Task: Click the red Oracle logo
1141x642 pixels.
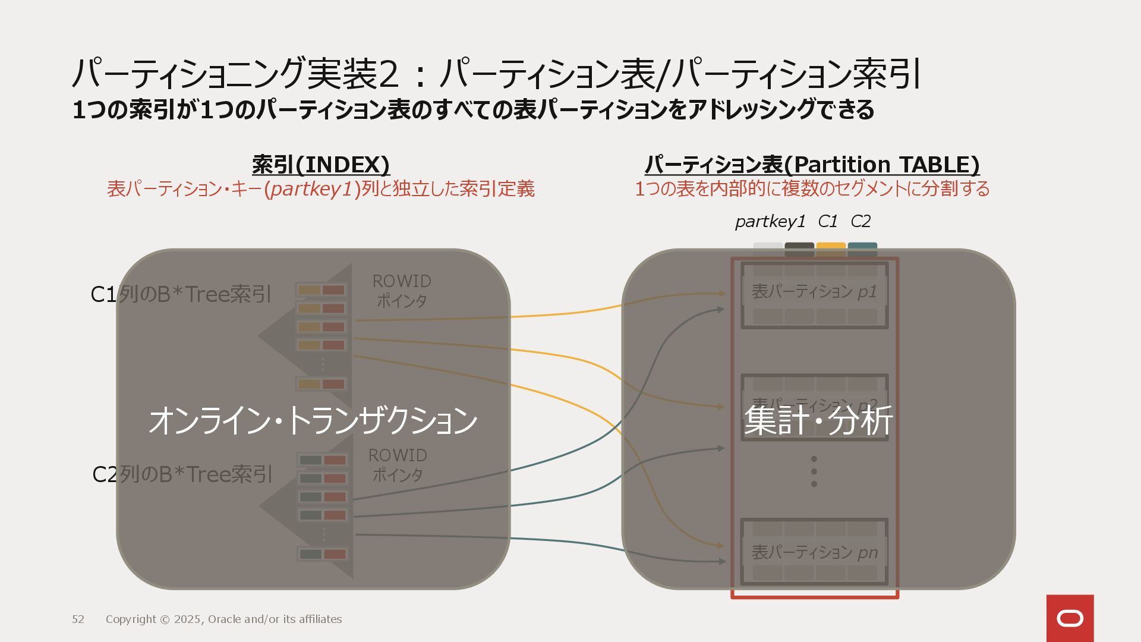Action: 1070,618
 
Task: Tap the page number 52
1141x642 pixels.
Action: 78,619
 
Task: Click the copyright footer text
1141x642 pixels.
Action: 223,619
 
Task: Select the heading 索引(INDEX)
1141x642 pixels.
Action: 321,165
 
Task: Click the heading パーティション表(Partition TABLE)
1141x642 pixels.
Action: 812,165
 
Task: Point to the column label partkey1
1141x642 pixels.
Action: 770,222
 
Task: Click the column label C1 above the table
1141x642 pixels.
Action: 827,222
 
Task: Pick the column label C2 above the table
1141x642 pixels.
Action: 861,222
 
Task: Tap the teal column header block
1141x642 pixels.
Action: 862,248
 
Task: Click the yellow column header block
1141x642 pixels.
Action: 831,248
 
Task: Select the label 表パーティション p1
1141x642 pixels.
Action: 814,292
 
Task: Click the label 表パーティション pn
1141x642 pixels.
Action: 814,553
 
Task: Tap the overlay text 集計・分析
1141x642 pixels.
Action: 818,420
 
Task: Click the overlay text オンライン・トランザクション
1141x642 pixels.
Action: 313,420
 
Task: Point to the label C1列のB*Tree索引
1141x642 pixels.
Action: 181,294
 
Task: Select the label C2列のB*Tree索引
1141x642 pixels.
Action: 182,474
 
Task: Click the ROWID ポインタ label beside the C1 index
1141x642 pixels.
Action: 402,291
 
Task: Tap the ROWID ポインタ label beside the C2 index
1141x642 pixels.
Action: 398,465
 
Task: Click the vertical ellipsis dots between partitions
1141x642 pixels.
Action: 814,471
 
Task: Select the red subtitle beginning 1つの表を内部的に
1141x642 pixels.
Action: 812,189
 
